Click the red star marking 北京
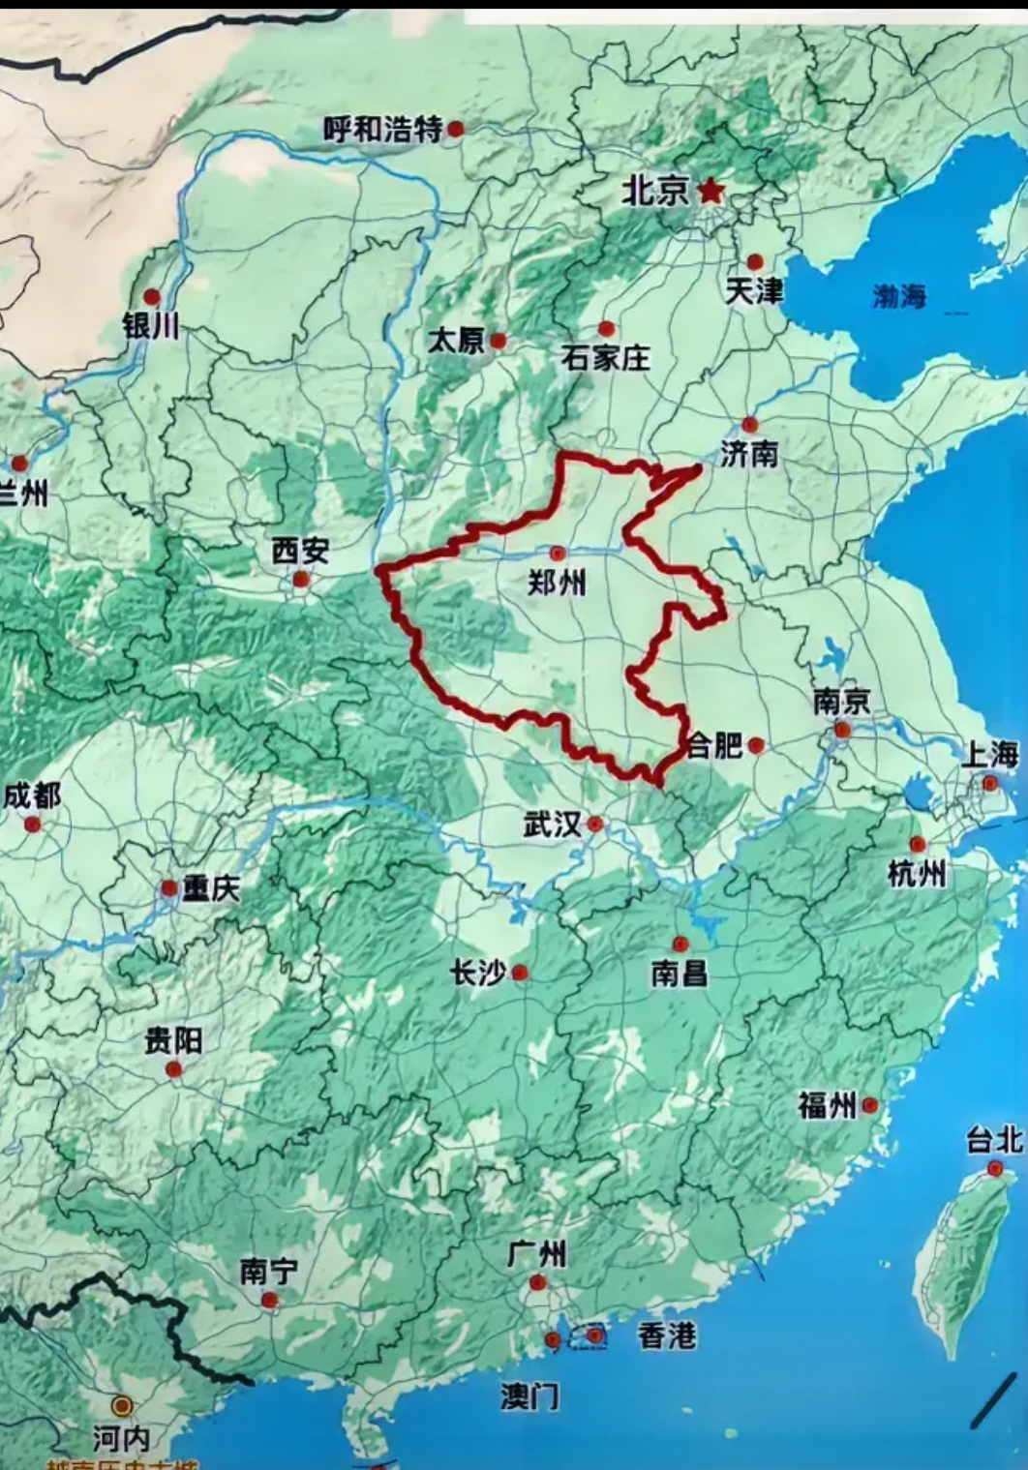click(711, 191)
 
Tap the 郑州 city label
click(557, 583)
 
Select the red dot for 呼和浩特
click(455, 128)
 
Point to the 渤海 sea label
click(899, 295)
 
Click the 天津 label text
click(754, 290)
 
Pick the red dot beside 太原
click(498, 341)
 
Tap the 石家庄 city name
click(606, 359)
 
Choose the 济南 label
click(749, 453)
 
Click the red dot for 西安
click(301, 580)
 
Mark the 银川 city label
click(151, 326)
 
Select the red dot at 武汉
click(595, 824)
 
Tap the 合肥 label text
click(714, 745)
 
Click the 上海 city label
click(989, 754)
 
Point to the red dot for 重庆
click(169, 887)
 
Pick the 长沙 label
click(478, 973)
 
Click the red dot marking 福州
click(870, 1104)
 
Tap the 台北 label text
click(994, 1142)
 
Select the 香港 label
click(666, 1336)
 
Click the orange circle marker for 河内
click(122, 1405)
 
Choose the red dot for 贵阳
click(174, 1069)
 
